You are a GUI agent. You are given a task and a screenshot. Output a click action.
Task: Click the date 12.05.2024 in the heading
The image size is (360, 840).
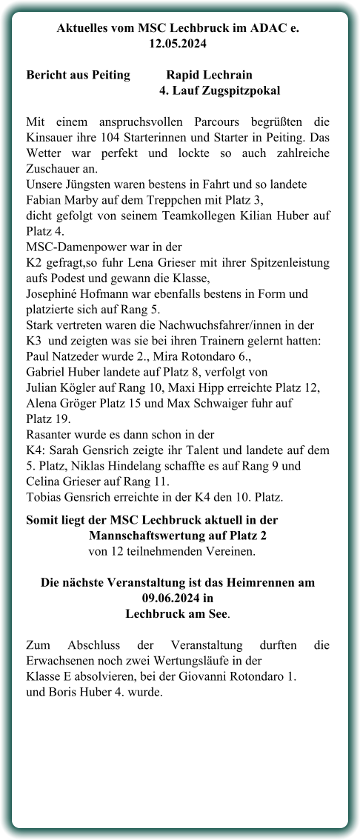[179, 44]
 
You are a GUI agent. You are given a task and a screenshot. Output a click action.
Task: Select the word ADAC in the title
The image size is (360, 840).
[267, 28]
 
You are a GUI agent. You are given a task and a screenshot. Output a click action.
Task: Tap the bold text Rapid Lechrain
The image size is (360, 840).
[209, 75]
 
